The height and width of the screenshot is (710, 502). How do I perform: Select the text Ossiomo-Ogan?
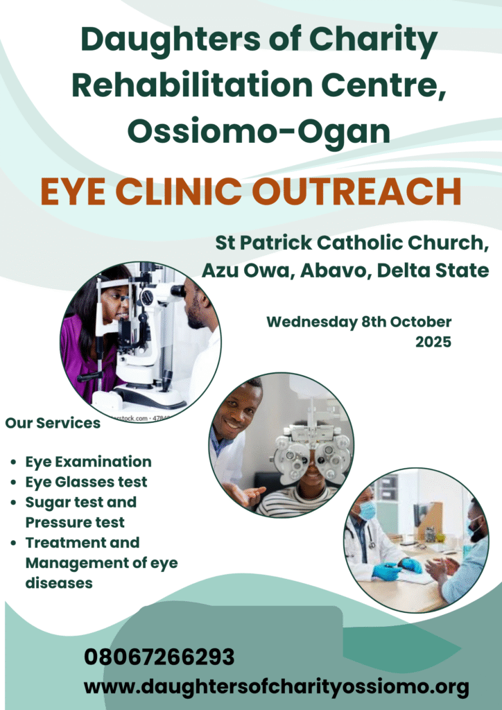[259, 130]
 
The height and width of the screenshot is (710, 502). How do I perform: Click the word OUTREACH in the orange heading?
[376, 192]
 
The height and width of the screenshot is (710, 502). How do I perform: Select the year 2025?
[433, 342]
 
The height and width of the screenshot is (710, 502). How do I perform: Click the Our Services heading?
[53, 423]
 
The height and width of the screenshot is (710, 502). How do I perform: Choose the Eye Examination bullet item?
[88, 462]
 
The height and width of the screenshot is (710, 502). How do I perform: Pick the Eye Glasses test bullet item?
[86, 482]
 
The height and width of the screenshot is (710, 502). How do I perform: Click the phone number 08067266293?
[159, 657]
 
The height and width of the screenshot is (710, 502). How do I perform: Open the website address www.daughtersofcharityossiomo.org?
[276, 687]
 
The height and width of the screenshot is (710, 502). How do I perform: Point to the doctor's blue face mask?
[366, 511]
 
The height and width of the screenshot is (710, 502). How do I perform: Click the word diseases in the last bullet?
[59, 582]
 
